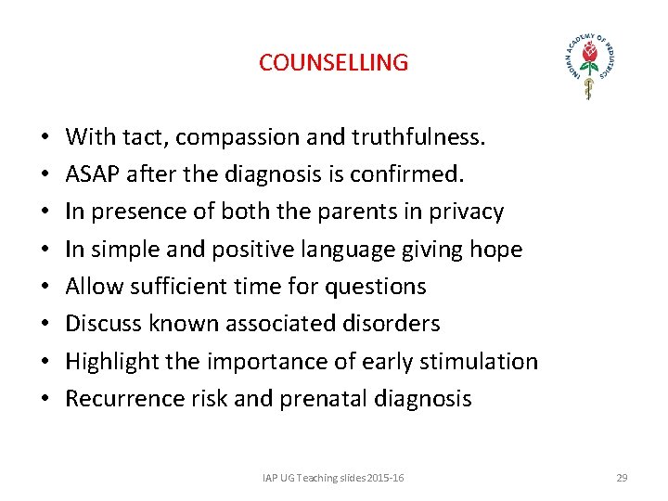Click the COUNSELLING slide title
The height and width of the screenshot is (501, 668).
pyautogui.click(x=333, y=63)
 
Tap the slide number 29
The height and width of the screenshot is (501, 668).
pyautogui.click(x=622, y=478)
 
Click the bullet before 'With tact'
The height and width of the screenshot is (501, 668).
pyautogui.click(x=46, y=138)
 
